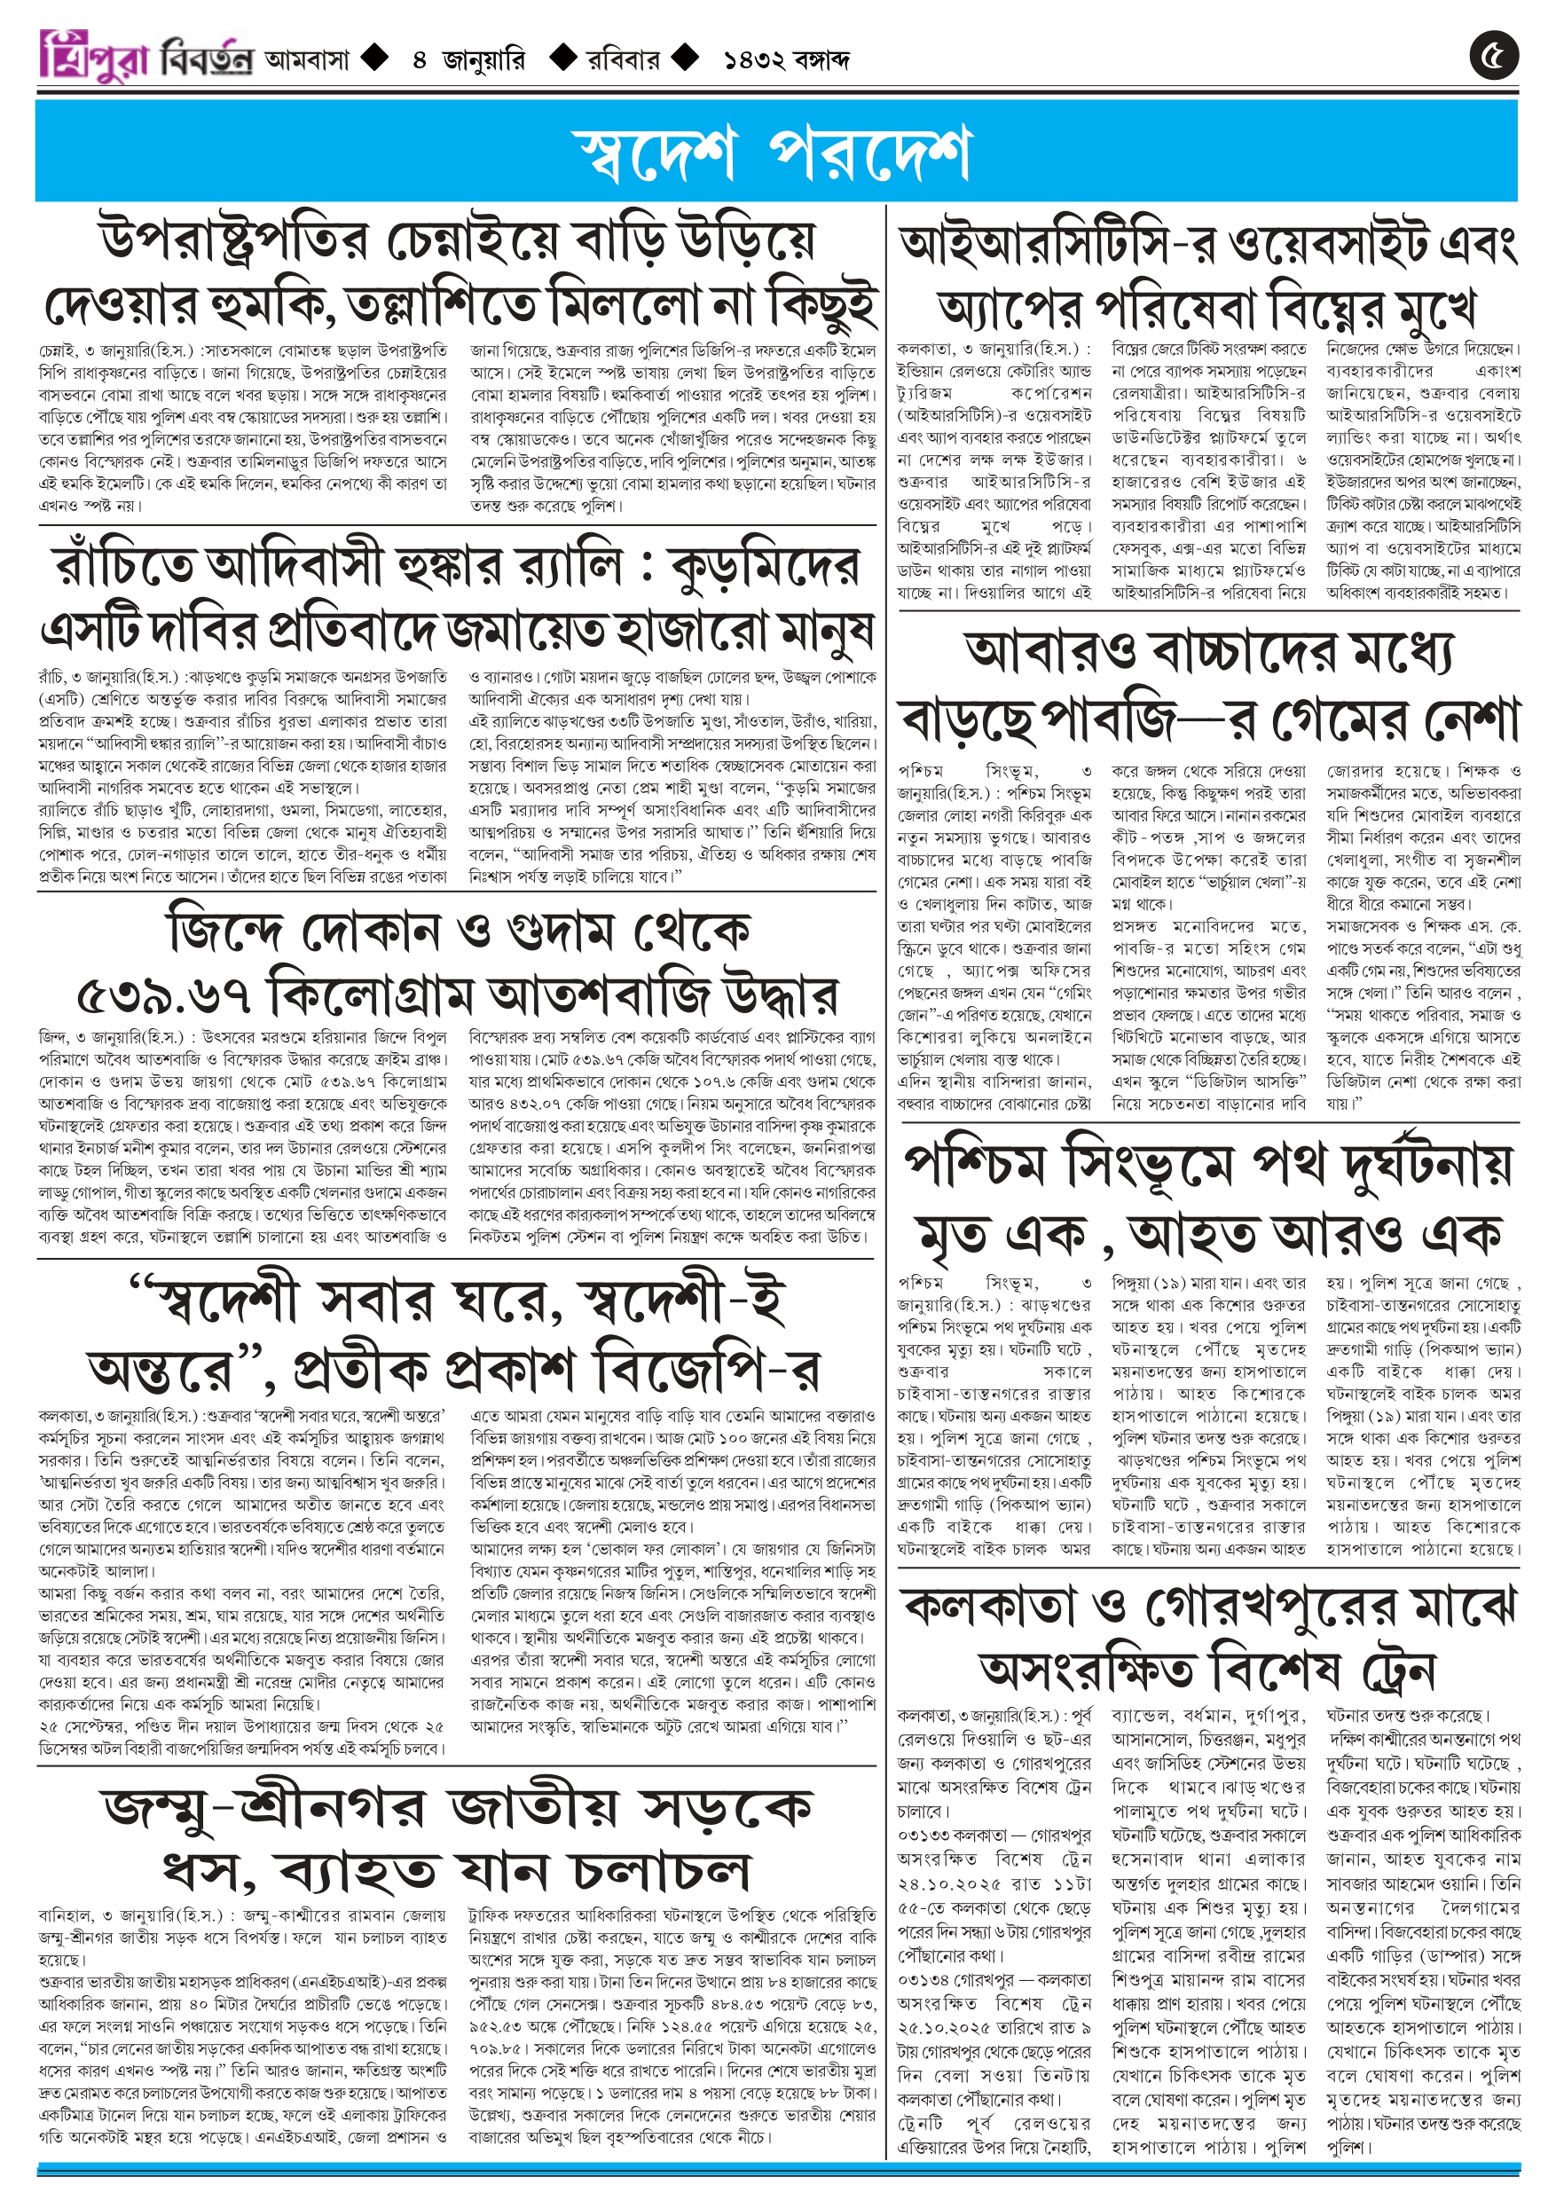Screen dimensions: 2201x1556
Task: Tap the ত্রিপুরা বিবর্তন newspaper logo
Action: [x=145, y=57]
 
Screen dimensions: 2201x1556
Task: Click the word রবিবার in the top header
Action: [x=623, y=60]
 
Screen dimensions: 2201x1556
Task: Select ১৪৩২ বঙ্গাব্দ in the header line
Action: [x=786, y=60]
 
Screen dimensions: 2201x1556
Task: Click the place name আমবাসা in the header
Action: [x=307, y=60]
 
